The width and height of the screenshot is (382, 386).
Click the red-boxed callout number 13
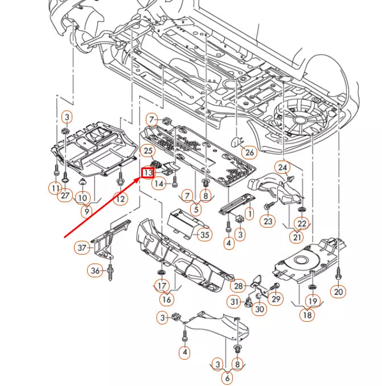[147, 172]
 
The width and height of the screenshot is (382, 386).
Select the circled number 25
[147, 151]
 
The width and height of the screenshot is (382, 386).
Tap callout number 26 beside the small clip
[248, 152]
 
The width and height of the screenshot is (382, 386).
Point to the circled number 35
[204, 234]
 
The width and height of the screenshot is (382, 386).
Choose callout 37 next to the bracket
[83, 248]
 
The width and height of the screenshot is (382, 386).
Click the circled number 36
[95, 270]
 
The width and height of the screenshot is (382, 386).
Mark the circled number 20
[338, 291]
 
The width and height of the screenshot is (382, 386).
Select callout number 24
[283, 167]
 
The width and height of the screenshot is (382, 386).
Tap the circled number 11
[55, 188]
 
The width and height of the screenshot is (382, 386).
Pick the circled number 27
[65, 196]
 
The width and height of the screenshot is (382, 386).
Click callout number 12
[120, 199]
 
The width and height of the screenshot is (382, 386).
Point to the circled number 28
[238, 286]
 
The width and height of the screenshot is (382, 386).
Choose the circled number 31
[235, 301]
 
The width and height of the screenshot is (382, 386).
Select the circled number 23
[267, 220]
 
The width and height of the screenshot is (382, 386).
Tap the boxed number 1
[248, 214]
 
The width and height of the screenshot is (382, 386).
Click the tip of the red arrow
[140, 178]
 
